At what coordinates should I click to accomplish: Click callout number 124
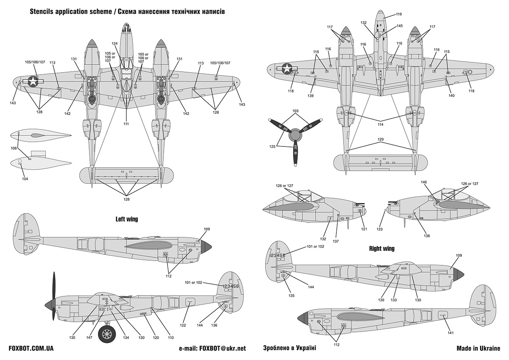(x=115, y=43)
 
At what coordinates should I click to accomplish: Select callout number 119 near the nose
(x=399, y=14)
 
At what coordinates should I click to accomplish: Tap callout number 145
(x=400, y=26)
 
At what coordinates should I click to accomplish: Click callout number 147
(x=89, y=337)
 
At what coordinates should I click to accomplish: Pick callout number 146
(x=424, y=182)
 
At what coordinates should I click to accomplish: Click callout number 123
(x=380, y=229)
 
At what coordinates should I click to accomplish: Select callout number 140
(x=451, y=96)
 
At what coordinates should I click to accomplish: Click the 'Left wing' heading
(x=126, y=219)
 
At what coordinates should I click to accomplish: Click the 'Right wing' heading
(x=382, y=249)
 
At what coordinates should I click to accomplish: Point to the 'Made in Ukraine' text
(x=478, y=348)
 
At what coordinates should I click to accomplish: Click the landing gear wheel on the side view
(x=106, y=334)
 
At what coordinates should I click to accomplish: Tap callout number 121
(x=364, y=229)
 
